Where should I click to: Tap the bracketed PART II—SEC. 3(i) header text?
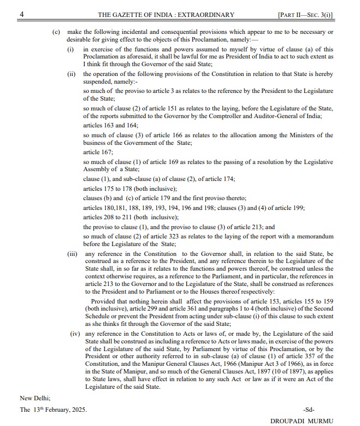305,14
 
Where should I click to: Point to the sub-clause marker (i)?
70,49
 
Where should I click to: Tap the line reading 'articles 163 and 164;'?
107,125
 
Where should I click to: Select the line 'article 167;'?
98,152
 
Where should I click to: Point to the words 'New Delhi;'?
36,398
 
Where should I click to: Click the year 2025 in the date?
77,409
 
